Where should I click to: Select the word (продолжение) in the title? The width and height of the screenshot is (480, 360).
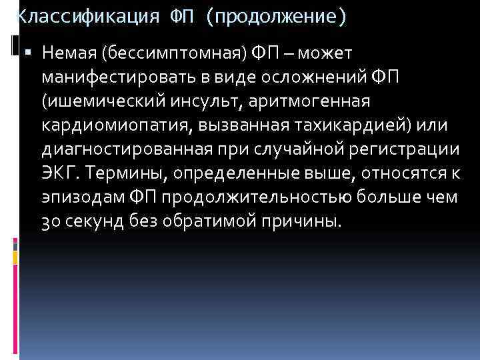tap(276, 17)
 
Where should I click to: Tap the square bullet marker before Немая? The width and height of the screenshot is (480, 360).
tap(31, 52)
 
